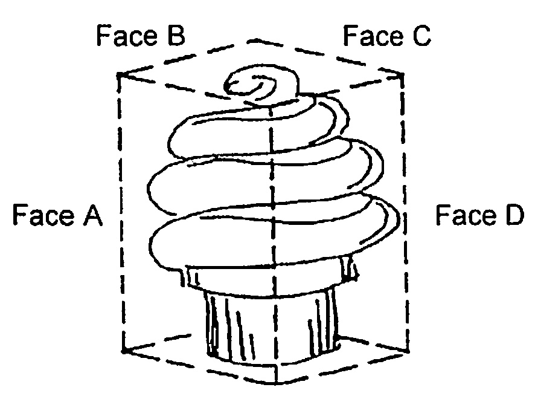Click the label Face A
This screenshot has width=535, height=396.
click(57, 215)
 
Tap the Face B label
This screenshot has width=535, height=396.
click(140, 36)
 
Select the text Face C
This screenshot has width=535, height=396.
click(386, 36)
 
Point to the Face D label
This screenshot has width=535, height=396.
click(479, 215)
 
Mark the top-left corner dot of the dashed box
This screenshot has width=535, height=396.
click(121, 75)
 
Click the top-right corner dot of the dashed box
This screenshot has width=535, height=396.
click(400, 75)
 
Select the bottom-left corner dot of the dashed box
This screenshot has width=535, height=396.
click(123, 349)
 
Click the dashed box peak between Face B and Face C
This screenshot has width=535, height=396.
click(254, 41)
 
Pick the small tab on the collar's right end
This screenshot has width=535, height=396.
click(348, 269)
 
